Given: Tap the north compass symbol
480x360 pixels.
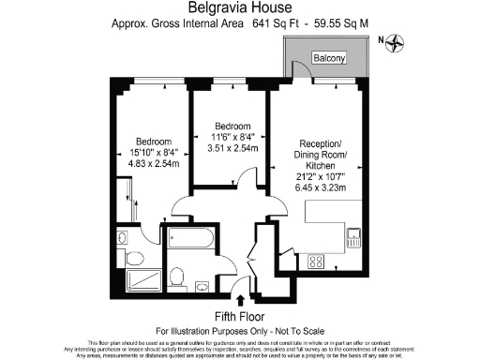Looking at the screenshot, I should tap(395, 40).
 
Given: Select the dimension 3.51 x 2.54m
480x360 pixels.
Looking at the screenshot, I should tap(232, 148).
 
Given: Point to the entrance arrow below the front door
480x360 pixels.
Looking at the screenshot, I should tap(243, 300).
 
